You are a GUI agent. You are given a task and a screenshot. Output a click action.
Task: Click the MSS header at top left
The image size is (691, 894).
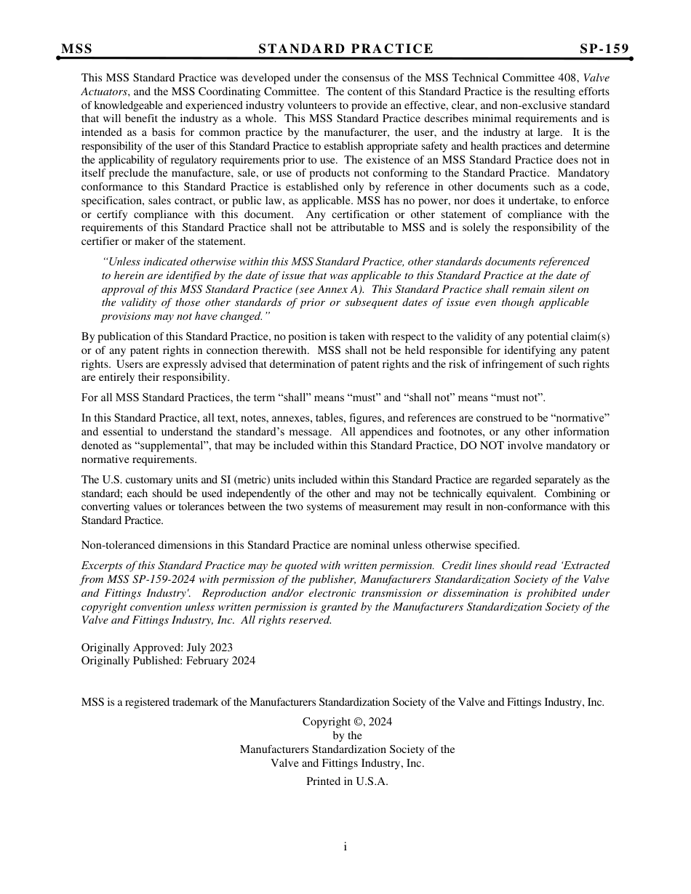(x=76, y=49)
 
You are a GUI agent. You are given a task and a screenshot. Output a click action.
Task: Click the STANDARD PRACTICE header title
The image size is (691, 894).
(x=345, y=49)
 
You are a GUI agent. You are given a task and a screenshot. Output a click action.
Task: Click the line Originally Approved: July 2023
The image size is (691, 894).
(x=157, y=647)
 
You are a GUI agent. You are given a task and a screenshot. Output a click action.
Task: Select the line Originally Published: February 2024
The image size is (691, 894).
(x=168, y=661)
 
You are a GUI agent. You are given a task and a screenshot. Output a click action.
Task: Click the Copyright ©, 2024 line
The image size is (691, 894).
(x=347, y=722)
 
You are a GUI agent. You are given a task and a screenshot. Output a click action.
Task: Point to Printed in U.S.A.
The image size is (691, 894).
(x=347, y=781)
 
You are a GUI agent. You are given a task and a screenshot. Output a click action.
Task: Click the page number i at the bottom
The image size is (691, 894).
(x=345, y=846)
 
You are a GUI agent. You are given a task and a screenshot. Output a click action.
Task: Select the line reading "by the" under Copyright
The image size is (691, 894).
(x=347, y=736)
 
